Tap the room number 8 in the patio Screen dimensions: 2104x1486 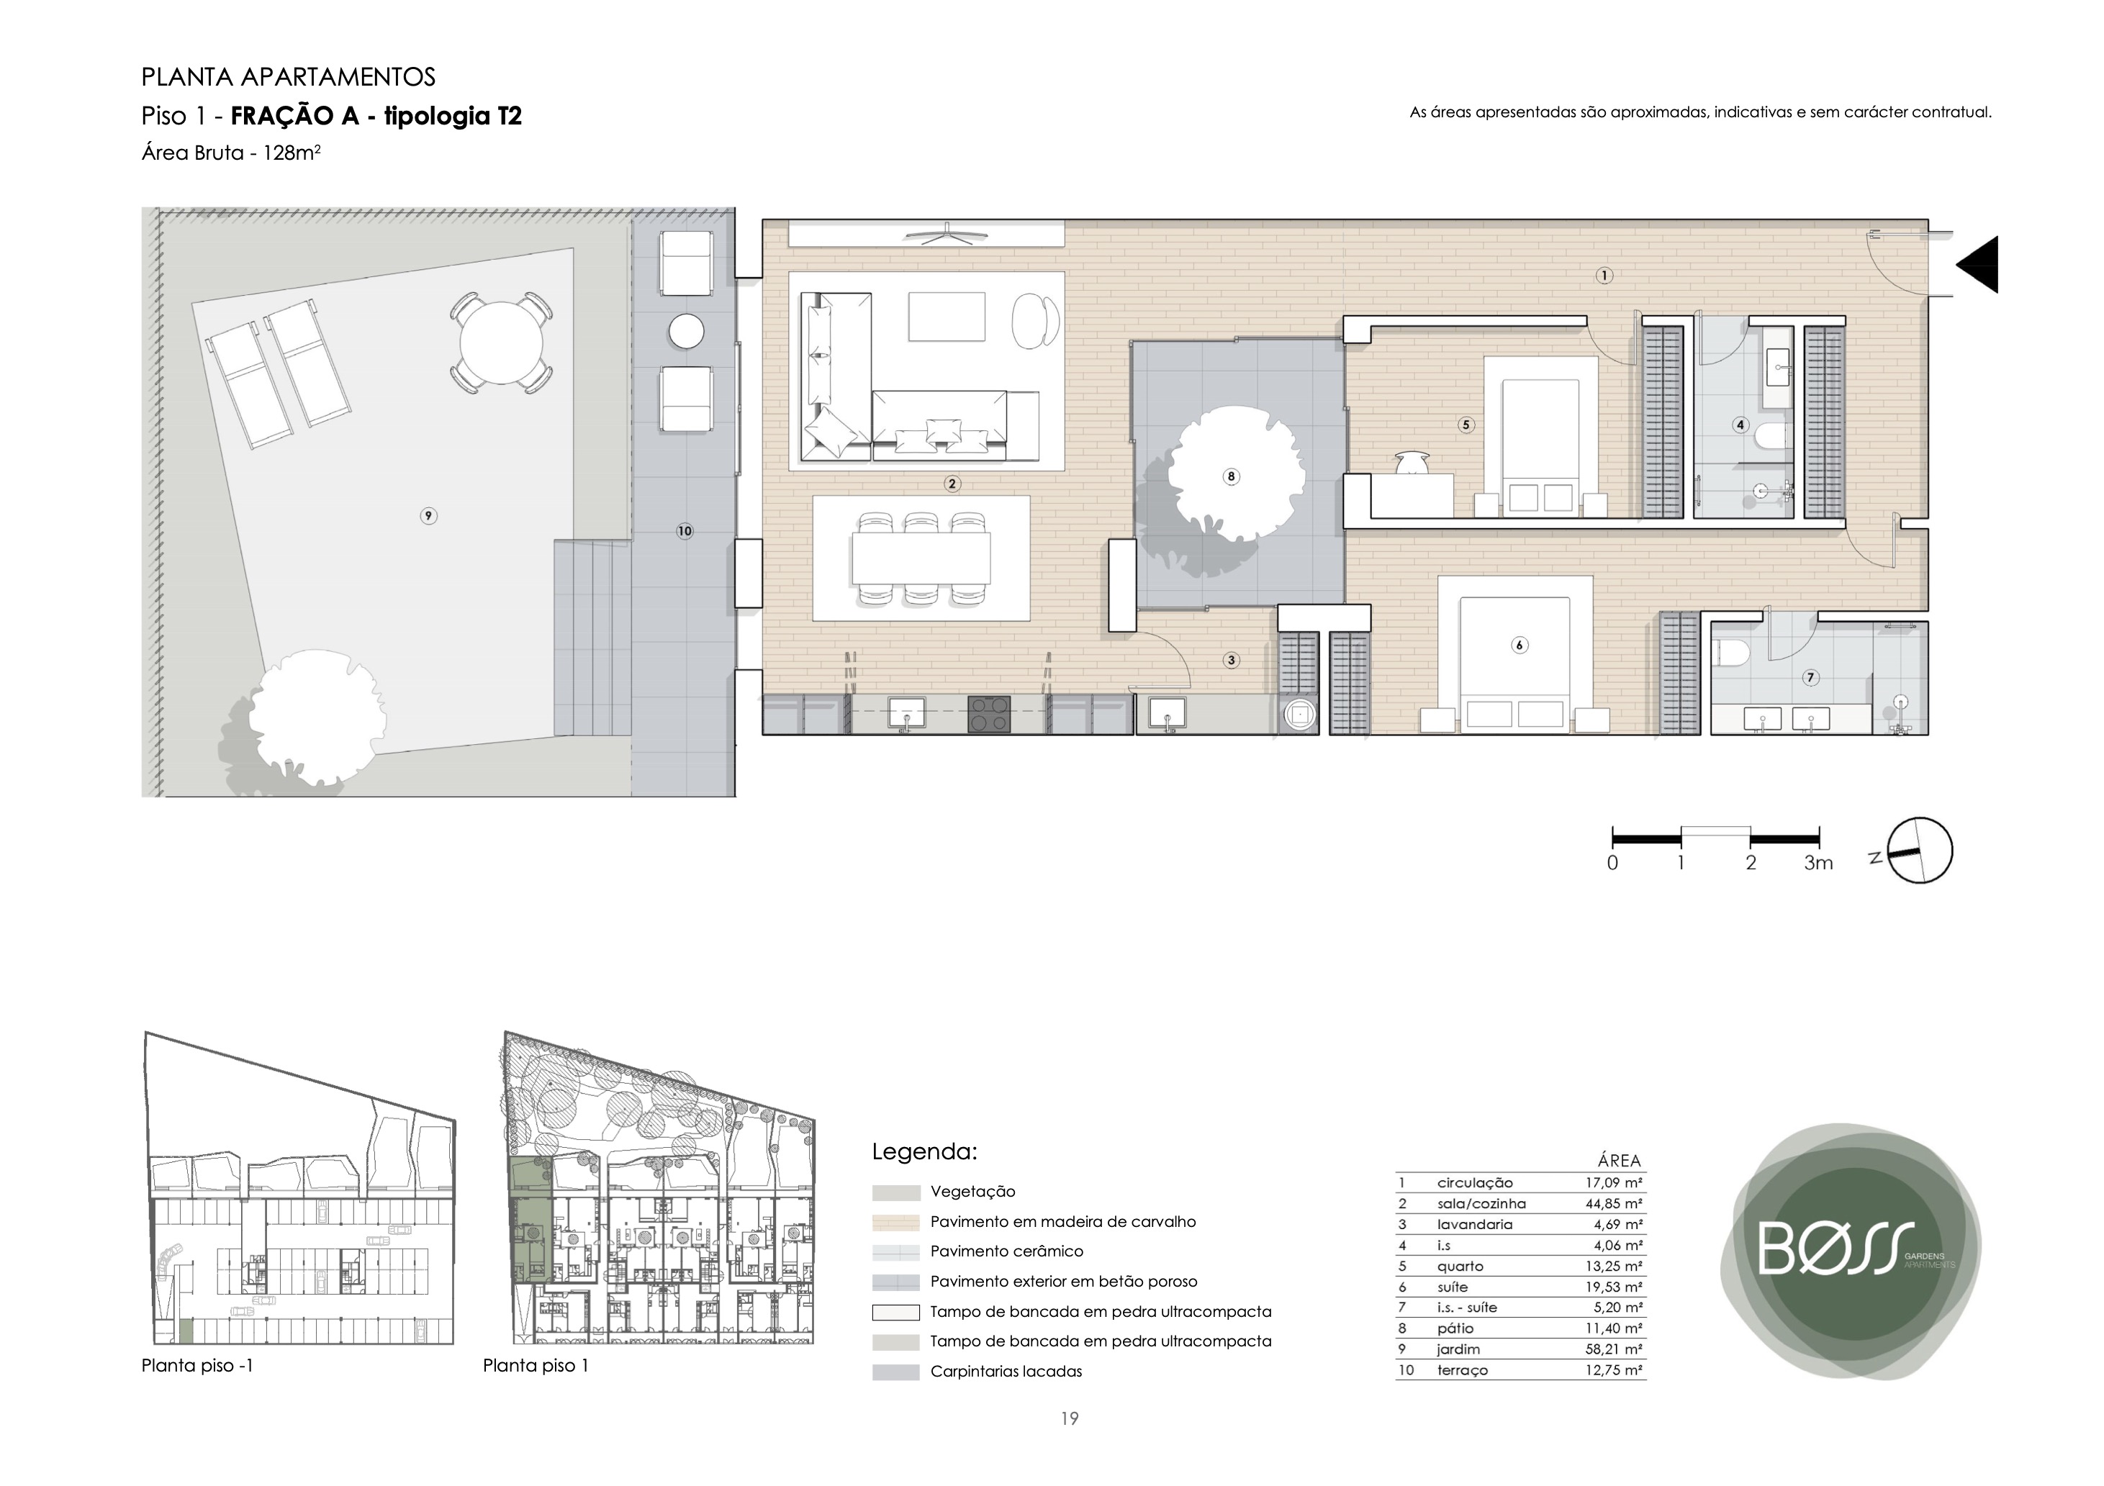tap(1231, 476)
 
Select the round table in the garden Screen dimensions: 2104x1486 tap(501, 343)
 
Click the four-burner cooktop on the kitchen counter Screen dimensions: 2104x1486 tap(990, 715)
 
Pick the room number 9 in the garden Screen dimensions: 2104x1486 tap(428, 516)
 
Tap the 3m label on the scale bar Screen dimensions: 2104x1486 tap(1818, 863)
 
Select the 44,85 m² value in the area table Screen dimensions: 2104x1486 tap(1614, 1204)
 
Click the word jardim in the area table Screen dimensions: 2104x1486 tap(1458, 1349)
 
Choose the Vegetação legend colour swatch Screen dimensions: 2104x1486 tap(895, 1193)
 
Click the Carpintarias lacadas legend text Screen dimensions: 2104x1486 tap(1006, 1372)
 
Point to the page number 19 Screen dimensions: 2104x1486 tap(1070, 1419)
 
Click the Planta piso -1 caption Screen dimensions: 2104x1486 tap(197, 1366)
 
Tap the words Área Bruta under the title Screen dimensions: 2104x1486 tap(191, 153)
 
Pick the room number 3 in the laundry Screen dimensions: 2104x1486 tap(1231, 660)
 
